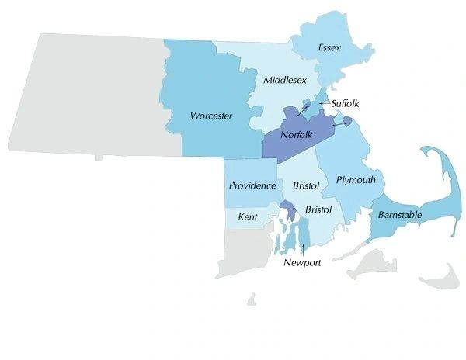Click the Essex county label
329,48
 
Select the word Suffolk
346,102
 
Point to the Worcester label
211,116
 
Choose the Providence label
252,185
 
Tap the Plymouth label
356,180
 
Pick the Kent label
248,216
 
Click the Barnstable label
400,214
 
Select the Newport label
302,262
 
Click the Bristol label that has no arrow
306,185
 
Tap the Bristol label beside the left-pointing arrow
318,209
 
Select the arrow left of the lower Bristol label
297,209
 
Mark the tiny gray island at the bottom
252,299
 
